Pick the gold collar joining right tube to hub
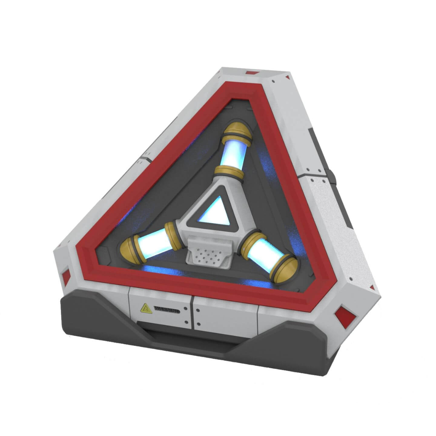point(250,238)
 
